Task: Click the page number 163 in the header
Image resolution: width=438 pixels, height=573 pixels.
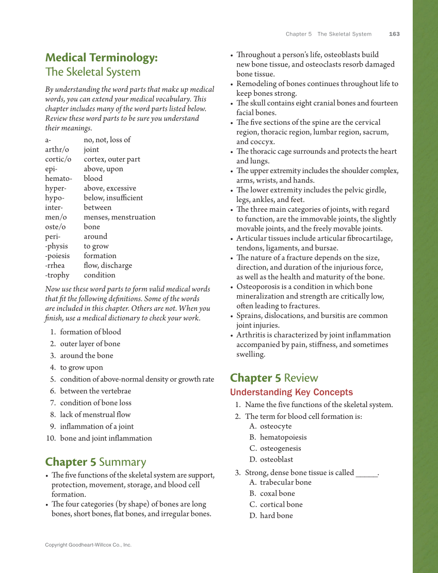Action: click(394, 34)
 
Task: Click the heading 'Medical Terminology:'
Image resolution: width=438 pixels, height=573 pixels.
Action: click(101, 58)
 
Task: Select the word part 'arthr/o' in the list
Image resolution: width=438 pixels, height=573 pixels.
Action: click(57, 149)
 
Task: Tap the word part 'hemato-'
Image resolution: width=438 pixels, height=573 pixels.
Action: click(58, 178)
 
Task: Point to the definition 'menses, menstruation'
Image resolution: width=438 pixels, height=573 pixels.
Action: click(119, 217)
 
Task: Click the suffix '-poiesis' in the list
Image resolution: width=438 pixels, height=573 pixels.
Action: click(59, 256)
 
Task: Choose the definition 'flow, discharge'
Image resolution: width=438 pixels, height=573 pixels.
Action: click(108, 265)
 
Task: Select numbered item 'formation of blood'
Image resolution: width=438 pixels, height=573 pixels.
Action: click(90, 332)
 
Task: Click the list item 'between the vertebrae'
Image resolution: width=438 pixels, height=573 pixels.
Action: click(95, 391)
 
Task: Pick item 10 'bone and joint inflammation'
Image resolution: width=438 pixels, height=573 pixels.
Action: click(106, 439)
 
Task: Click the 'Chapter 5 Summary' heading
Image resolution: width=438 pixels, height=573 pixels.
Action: click(95, 462)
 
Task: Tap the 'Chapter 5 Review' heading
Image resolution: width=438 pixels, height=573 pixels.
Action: click(274, 378)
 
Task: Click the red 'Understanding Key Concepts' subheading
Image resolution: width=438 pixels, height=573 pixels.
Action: click(291, 392)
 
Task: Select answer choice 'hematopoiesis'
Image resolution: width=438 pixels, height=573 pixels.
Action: click(283, 437)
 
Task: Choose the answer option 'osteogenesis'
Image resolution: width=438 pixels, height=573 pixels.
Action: click(280, 448)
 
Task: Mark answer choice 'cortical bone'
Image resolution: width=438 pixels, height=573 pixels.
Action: click(281, 504)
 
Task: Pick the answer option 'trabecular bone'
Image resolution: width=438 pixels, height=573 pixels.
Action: click(285, 482)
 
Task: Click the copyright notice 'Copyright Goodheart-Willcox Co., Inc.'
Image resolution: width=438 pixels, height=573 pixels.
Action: click(88, 545)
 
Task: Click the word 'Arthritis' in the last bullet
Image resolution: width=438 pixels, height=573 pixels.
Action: click(251, 335)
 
